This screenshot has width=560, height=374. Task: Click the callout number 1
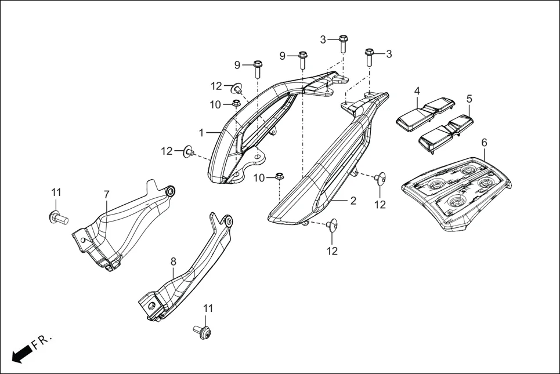click(201, 133)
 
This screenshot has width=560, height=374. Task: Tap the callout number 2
click(353, 201)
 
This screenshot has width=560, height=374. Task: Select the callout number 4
click(417, 91)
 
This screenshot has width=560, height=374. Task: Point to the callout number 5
click(469, 99)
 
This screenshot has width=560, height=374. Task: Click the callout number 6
click(484, 142)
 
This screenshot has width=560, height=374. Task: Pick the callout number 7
click(106, 194)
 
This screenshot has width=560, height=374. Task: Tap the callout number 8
click(173, 262)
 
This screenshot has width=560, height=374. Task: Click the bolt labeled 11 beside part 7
click(57, 217)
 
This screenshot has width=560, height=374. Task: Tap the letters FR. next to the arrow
click(42, 342)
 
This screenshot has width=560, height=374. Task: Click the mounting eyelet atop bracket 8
click(228, 220)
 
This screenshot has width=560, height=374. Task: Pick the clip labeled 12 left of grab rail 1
click(189, 152)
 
